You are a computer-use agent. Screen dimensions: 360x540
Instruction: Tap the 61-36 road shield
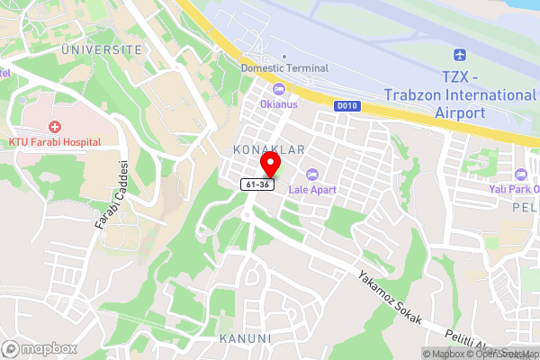256,184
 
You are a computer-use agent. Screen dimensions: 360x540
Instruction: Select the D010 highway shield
346,106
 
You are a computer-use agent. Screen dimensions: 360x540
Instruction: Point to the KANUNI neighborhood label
245,338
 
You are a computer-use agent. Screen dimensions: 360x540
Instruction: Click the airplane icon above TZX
460,54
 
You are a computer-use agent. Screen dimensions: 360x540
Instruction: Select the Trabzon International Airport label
460,95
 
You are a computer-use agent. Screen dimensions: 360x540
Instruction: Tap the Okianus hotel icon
279,88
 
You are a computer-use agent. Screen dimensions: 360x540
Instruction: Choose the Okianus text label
279,103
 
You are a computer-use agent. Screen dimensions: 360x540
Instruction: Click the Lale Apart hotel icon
313,174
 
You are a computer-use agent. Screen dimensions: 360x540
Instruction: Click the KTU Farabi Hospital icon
56,127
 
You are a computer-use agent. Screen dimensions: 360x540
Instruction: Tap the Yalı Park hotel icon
519,175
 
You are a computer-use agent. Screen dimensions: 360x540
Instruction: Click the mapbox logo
39,348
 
